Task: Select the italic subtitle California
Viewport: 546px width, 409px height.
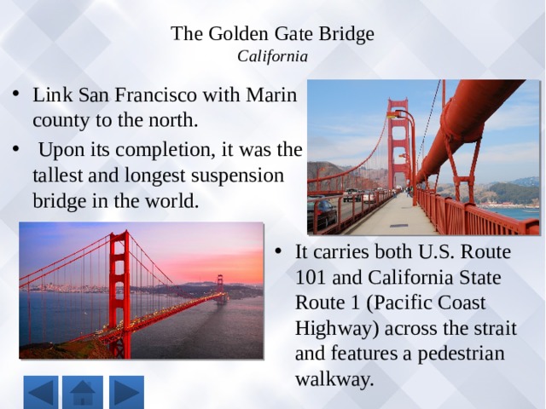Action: pos(273,56)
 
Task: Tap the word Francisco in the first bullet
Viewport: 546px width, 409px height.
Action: pos(155,95)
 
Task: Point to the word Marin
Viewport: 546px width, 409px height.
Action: pos(271,95)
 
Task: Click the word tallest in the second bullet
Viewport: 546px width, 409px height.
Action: pos(58,176)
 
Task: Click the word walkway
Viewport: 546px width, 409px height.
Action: pos(334,378)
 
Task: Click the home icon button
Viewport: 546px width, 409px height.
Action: pos(83,392)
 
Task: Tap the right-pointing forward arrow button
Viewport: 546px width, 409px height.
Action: pos(126,392)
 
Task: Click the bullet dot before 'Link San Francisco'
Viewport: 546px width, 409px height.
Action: pos(15,94)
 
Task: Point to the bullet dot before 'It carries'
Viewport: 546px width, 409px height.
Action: pos(277,251)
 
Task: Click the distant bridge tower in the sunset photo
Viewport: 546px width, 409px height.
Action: pos(220,290)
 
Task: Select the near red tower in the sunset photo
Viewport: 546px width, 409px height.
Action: pos(119,294)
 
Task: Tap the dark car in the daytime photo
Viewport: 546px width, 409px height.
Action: pos(322,214)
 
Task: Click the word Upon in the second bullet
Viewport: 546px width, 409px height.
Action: pos(56,150)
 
